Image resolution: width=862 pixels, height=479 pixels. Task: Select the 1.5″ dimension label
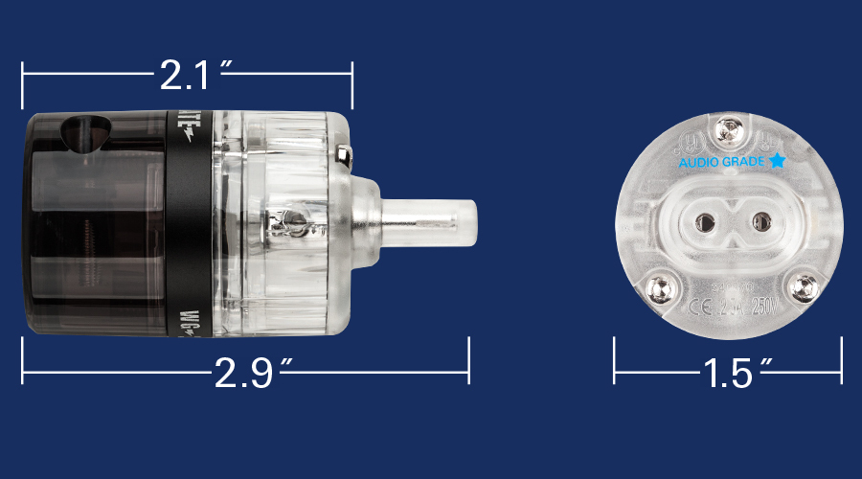728,372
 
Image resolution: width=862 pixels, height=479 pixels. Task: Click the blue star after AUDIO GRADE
777,161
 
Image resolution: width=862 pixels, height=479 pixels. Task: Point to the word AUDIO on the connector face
697,163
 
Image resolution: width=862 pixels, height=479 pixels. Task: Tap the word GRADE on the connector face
743,163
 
